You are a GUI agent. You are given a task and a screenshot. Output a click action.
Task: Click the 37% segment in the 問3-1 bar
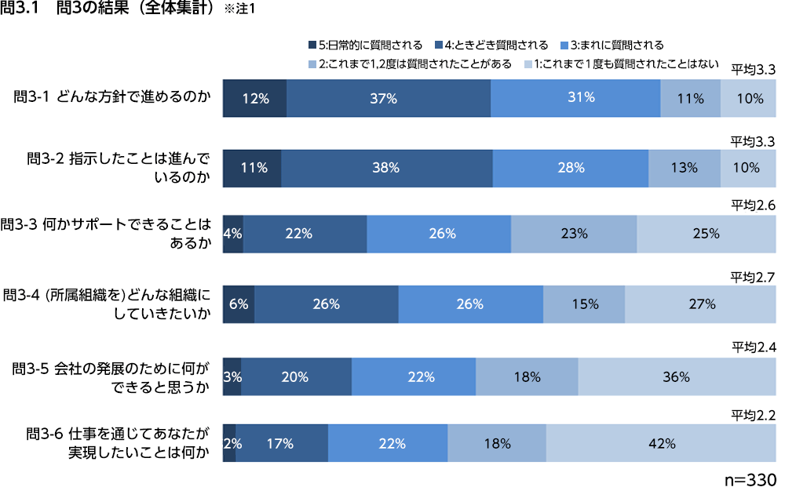[389, 98]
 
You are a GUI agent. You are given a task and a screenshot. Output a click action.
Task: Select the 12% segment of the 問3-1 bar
[255, 98]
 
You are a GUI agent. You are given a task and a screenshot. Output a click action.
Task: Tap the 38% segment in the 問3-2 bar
[387, 167]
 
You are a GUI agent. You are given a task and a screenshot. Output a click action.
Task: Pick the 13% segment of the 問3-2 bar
[685, 167]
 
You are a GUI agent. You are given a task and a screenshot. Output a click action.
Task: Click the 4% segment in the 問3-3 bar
[233, 233]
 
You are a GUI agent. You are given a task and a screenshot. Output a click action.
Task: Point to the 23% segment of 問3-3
[574, 233]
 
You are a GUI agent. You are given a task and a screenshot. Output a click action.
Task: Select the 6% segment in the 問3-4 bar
[239, 304]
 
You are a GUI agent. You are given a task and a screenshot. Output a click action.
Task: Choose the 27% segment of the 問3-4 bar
[700, 304]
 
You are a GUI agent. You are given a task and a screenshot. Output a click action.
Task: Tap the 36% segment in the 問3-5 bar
[676, 376]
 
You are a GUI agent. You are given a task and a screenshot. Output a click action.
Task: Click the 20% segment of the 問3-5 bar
[295, 376]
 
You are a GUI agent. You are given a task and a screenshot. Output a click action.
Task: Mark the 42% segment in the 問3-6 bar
[661, 443]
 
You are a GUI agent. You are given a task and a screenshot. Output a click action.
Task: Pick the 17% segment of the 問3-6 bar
[281, 443]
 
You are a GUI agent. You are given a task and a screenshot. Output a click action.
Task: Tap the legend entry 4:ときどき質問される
[491, 45]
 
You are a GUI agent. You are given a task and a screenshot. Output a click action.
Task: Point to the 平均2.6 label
[753, 205]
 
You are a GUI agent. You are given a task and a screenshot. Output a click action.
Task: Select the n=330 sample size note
[749, 479]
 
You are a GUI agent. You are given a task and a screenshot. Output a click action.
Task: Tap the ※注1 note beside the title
[239, 10]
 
